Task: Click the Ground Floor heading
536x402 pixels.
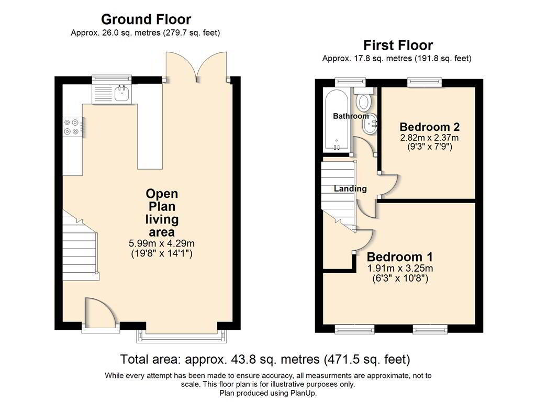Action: pyautogui.click(x=146, y=19)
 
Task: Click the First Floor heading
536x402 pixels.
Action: pyautogui.click(x=398, y=45)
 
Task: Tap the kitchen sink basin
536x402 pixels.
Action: pyautogui.click(x=121, y=93)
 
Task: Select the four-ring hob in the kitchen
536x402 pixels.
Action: pyautogui.click(x=72, y=127)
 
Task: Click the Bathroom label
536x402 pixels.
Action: pyautogui.click(x=351, y=116)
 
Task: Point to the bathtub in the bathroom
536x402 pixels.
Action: pyautogui.click(x=337, y=120)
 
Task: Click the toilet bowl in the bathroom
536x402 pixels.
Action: pyautogui.click(x=364, y=102)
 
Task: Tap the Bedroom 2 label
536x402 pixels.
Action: pyautogui.click(x=429, y=127)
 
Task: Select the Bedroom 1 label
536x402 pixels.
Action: pyautogui.click(x=399, y=256)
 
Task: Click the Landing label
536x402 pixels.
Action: pyautogui.click(x=350, y=188)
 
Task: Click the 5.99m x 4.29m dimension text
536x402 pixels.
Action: pyautogui.click(x=162, y=243)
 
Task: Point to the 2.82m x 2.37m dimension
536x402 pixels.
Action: pyautogui.click(x=429, y=138)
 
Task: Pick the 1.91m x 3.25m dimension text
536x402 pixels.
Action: pyautogui.click(x=400, y=269)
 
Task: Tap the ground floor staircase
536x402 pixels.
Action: pyautogui.click(x=81, y=245)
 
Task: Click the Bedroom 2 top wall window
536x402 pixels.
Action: pyautogui.click(x=425, y=82)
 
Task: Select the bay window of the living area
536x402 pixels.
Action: pyautogui.click(x=182, y=337)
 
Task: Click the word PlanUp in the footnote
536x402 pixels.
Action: pyautogui.click(x=303, y=393)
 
